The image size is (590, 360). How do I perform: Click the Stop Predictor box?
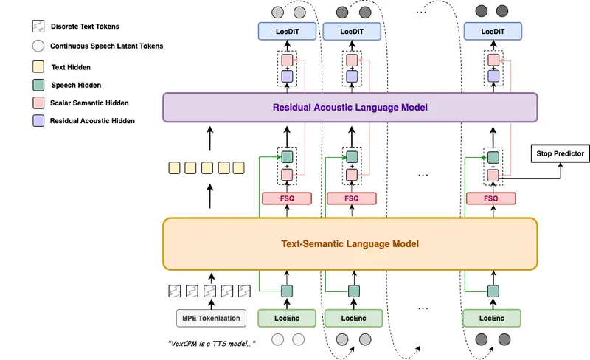[558, 154]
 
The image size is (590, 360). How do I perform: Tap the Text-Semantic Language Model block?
[350, 243]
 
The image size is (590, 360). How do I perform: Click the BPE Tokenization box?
[212, 318]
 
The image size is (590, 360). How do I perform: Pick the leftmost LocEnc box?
[287, 318]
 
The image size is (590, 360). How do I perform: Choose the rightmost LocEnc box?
[492, 318]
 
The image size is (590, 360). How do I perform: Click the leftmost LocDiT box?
[287, 32]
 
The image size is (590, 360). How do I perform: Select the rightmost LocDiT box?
[492, 32]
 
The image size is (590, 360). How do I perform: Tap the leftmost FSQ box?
[287, 198]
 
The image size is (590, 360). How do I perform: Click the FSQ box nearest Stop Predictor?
[492, 198]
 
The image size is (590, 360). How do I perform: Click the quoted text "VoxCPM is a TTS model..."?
[212, 343]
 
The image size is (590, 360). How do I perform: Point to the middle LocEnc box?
[353, 318]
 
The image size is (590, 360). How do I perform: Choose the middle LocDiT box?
[353, 32]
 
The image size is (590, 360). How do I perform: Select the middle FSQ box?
[353, 198]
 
